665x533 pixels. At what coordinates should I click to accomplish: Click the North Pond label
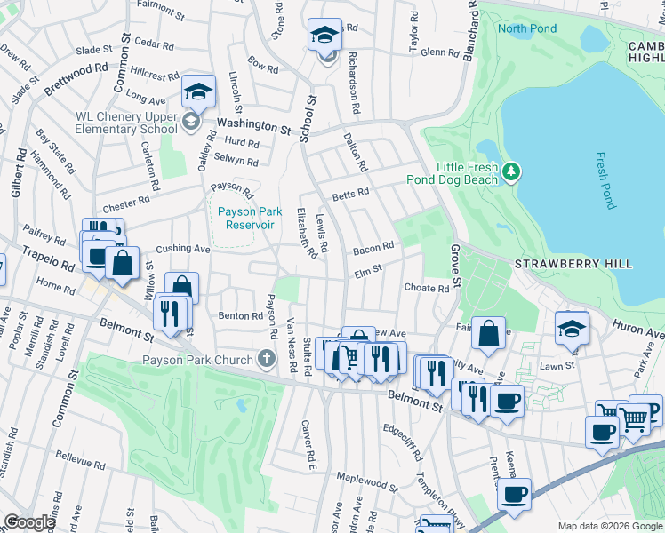click(x=527, y=29)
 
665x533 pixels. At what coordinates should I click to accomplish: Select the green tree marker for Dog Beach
click(x=510, y=169)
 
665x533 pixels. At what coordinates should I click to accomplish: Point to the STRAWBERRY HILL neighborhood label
click(x=573, y=264)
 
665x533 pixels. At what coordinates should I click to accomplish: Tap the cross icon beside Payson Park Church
click(x=266, y=359)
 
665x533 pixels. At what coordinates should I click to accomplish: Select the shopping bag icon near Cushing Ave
click(x=123, y=264)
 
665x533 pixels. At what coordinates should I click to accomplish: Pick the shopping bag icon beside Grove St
click(x=488, y=335)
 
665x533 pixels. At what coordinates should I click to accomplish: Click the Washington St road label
click(x=253, y=126)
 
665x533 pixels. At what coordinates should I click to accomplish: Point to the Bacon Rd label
click(x=374, y=248)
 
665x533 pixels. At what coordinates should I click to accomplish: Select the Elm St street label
click(x=367, y=270)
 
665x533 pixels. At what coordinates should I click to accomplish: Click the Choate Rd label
click(x=427, y=289)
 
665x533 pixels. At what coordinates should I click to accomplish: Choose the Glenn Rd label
click(x=439, y=52)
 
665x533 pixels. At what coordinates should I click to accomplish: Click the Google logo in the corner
click(x=29, y=522)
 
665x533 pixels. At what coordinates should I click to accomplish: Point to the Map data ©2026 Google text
click(x=609, y=526)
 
